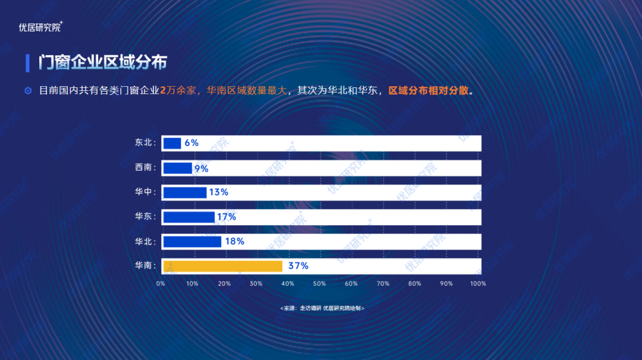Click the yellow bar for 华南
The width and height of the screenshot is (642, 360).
(x=222, y=266)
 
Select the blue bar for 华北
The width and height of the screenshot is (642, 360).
(x=192, y=242)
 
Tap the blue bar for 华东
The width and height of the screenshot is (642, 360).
(x=188, y=217)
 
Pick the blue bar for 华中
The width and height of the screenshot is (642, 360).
(x=185, y=192)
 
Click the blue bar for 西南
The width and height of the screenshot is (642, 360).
(x=178, y=168)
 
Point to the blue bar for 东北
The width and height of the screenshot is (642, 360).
(x=172, y=143)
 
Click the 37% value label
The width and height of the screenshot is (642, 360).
(x=298, y=266)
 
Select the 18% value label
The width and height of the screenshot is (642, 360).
(x=234, y=242)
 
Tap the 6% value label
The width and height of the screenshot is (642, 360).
(x=191, y=143)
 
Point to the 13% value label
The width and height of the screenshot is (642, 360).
(x=219, y=192)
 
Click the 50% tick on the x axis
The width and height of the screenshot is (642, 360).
(x=319, y=284)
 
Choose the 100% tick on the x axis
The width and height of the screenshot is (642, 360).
(x=478, y=284)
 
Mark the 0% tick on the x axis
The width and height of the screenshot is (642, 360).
(x=160, y=284)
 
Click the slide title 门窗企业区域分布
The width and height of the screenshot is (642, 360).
(x=103, y=62)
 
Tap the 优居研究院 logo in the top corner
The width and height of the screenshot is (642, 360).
(x=40, y=27)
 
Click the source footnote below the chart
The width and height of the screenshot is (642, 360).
(x=322, y=308)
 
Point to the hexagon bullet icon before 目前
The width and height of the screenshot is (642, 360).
(x=28, y=91)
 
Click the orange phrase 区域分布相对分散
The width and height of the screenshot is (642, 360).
(x=429, y=91)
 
